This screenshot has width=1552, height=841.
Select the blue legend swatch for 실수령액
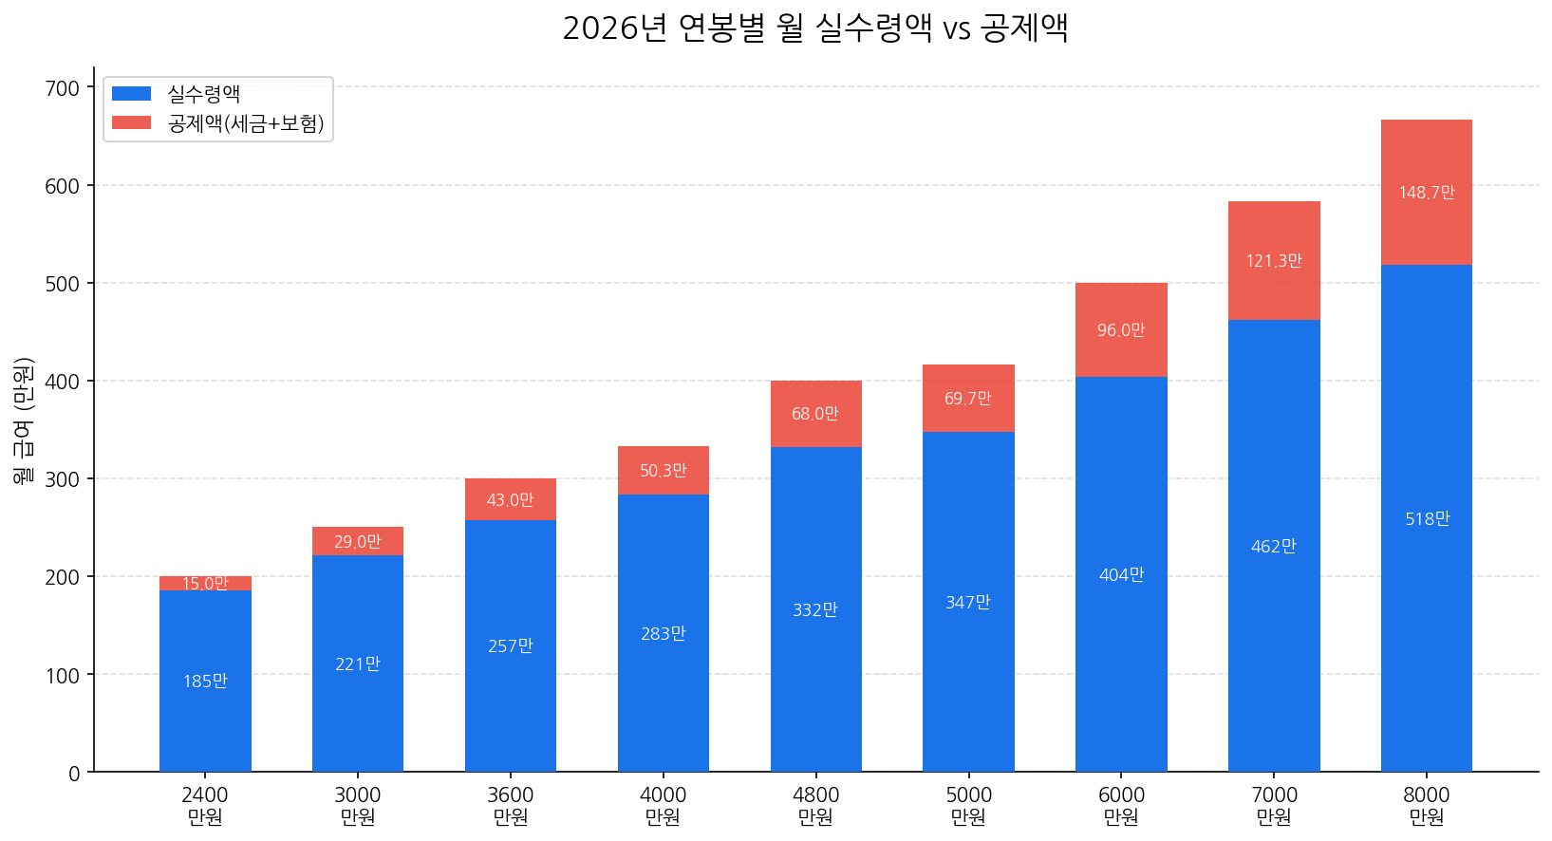coord(131,94)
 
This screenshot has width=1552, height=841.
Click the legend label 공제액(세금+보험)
coord(246,123)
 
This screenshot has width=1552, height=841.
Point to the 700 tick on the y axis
coord(63,88)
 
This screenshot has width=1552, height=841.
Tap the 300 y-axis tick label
coord(63,479)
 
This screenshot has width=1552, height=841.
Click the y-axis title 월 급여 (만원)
coord(24,420)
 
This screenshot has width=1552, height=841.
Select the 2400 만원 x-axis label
coord(205,805)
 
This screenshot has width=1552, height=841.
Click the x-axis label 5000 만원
coord(968,805)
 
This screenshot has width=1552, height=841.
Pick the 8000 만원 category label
coord(1426,805)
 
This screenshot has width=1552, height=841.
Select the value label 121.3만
coord(1274,261)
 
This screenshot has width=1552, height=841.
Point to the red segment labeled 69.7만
coord(968,418)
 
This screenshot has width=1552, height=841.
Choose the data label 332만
coord(815,610)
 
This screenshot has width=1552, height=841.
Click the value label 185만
coord(205,682)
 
